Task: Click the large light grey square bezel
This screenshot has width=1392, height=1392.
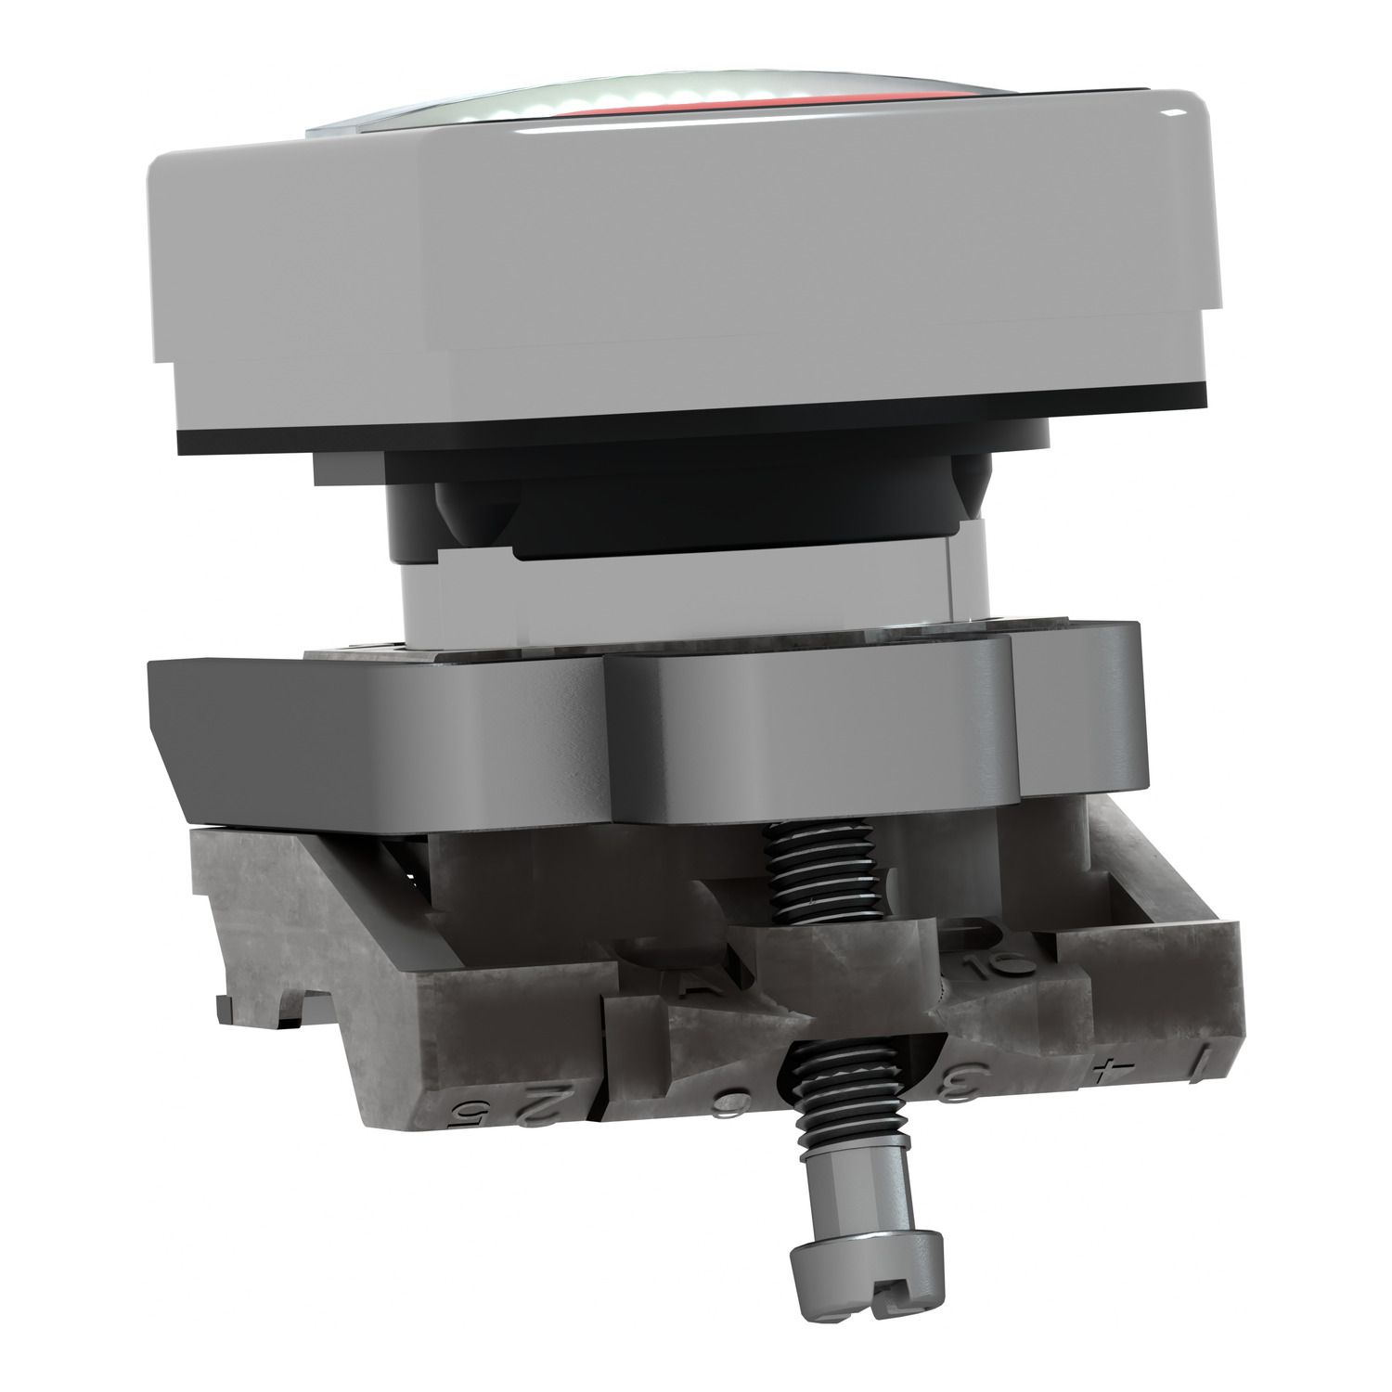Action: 650,278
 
